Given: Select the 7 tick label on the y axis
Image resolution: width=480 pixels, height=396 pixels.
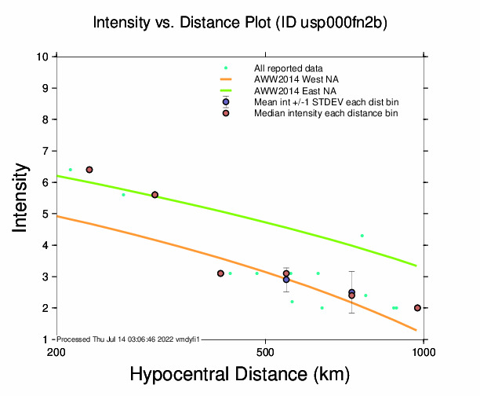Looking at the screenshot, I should [x=46, y=151].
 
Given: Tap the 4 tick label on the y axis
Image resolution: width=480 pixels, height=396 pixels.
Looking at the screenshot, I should [x=46, y=245].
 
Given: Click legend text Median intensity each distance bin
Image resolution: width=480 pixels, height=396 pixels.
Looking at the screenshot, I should [x=325, y=114].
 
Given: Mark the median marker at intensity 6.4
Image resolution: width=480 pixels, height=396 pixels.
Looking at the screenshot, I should [x=89, y=170].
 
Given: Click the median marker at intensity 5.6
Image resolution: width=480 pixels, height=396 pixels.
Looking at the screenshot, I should [x=155, y=195].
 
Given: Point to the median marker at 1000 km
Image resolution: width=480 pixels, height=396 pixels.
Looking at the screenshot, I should [x=417, y=308].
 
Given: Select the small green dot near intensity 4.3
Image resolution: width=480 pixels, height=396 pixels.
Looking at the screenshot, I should [x=362, y=236].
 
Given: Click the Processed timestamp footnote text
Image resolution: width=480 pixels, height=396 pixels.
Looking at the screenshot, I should [x=129, y=339].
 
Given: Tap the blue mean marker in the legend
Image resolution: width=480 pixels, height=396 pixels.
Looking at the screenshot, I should [x=226, y=102].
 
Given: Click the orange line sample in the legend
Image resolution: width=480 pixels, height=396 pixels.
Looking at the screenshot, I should [x=226, y=79].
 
